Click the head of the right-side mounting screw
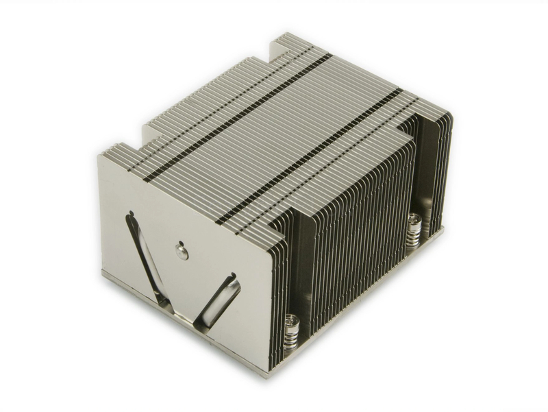click(414, 221)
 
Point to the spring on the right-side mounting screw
click(414, 237)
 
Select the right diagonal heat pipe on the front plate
click(218, 298)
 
